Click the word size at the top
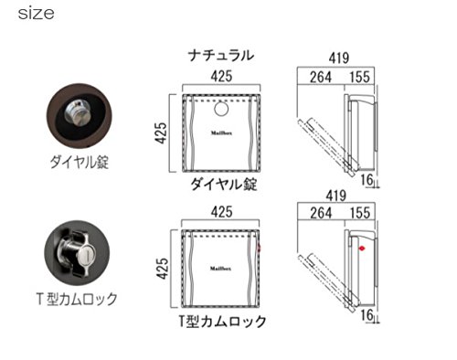coord(36,14)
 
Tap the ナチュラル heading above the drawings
coord(221,56)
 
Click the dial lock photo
coord(80,116)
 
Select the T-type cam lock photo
coord(77,253)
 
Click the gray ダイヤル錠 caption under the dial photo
coord(80,162)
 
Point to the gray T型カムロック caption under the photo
coord(77,299)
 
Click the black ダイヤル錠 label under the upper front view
coord(224,184)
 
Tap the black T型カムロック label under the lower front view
coord(222,321)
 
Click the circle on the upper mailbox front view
coord(221,109)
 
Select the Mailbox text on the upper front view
coord(221,133)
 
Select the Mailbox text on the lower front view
coord(221,269)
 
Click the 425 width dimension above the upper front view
coord(221,76)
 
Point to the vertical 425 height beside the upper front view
coord(161,132)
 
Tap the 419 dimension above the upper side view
coord(338,58)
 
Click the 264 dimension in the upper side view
coord(321,77)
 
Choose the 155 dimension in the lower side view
coord(360,213)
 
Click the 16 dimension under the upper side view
coord(367,180)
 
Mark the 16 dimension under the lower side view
coord(367,315)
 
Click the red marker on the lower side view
coord(362,249)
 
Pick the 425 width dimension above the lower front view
coord(221,212)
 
